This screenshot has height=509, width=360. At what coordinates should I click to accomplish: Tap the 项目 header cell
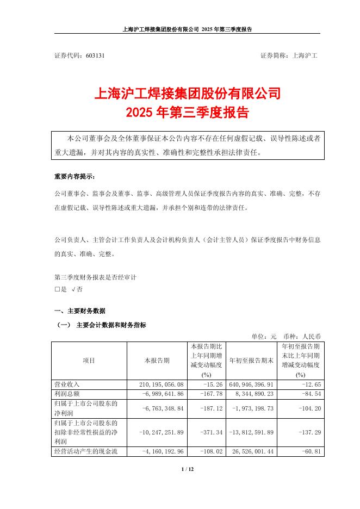click(89, 361)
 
